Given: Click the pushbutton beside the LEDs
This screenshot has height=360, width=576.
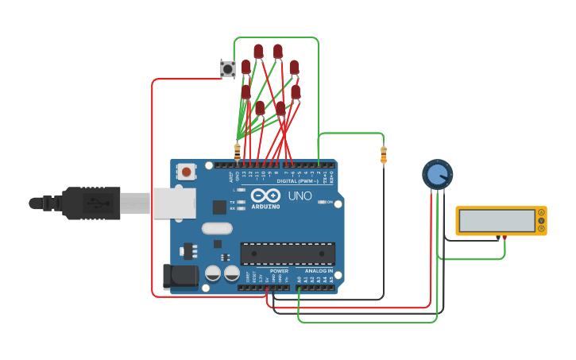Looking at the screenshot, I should point(227,69).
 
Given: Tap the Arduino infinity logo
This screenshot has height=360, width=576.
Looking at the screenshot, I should point(265,195).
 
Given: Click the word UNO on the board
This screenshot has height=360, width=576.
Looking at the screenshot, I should point(300,195).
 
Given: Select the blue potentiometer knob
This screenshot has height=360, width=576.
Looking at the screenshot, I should point(436,174).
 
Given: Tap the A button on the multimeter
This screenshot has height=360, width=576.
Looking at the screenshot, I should point(542,212).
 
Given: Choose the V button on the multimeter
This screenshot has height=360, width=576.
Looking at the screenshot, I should point(542,221).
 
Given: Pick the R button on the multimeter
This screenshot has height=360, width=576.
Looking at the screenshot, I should point(542,229).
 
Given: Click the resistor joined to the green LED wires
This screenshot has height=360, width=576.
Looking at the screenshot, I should point(237,150).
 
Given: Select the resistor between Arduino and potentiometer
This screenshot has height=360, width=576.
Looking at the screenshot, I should point(384,154).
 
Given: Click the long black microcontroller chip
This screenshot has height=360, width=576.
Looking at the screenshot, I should point(288,254).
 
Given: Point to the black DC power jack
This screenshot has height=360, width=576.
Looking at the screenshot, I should point(180,277).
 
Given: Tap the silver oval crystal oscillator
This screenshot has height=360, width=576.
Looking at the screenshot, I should point(217,229).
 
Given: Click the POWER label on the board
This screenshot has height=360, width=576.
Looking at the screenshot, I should point(279,270).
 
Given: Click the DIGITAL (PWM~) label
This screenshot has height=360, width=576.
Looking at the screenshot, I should point(298,181).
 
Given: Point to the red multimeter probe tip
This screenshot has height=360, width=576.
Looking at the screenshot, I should point(498,238).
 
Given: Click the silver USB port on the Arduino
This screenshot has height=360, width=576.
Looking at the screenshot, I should point(172,203).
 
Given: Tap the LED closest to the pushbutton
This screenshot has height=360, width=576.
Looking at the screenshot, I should point(246,68).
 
